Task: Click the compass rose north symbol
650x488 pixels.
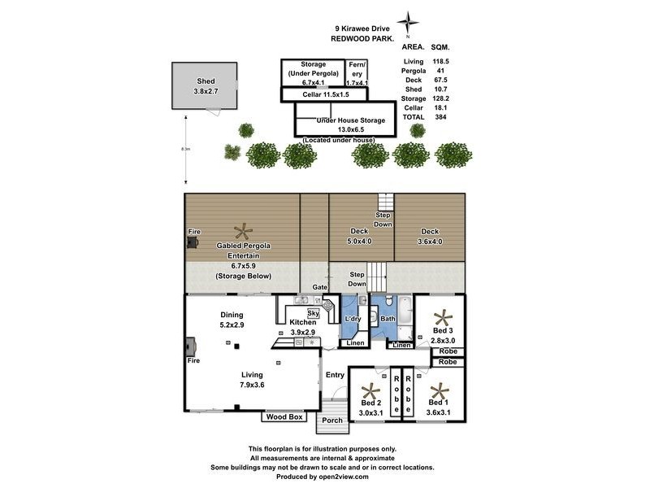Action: (x=409, y=21)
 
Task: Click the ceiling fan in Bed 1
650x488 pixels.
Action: (x=440, y=390)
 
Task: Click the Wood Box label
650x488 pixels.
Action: (x=283, y=417)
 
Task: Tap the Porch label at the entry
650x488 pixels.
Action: (x=331, y=420)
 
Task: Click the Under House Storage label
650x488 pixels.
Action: (x=345, y=120)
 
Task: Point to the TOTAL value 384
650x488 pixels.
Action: (x=440, y=117)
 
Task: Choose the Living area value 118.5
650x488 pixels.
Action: (x=441, y=61)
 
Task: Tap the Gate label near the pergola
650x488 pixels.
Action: (x=320, y=288)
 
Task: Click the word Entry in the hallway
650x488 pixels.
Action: (x=335, y=375)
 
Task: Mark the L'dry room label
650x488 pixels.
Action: (x=353, y=319)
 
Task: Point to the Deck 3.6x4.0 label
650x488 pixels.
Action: (x=431, y=236)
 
